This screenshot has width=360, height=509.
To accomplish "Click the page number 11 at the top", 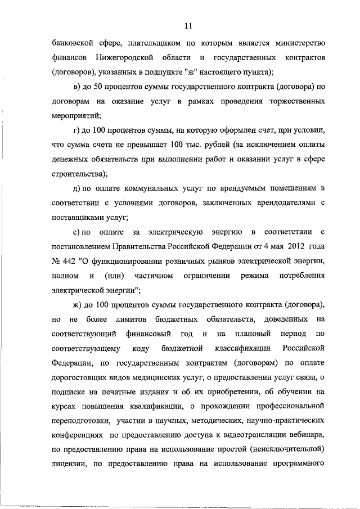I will pyautogui.click(x=188, y=25).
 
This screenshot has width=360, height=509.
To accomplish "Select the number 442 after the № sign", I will pyautogui.click(x=71, y=262).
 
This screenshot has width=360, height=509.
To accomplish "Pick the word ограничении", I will pyautogui.click(x=207, y=276).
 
